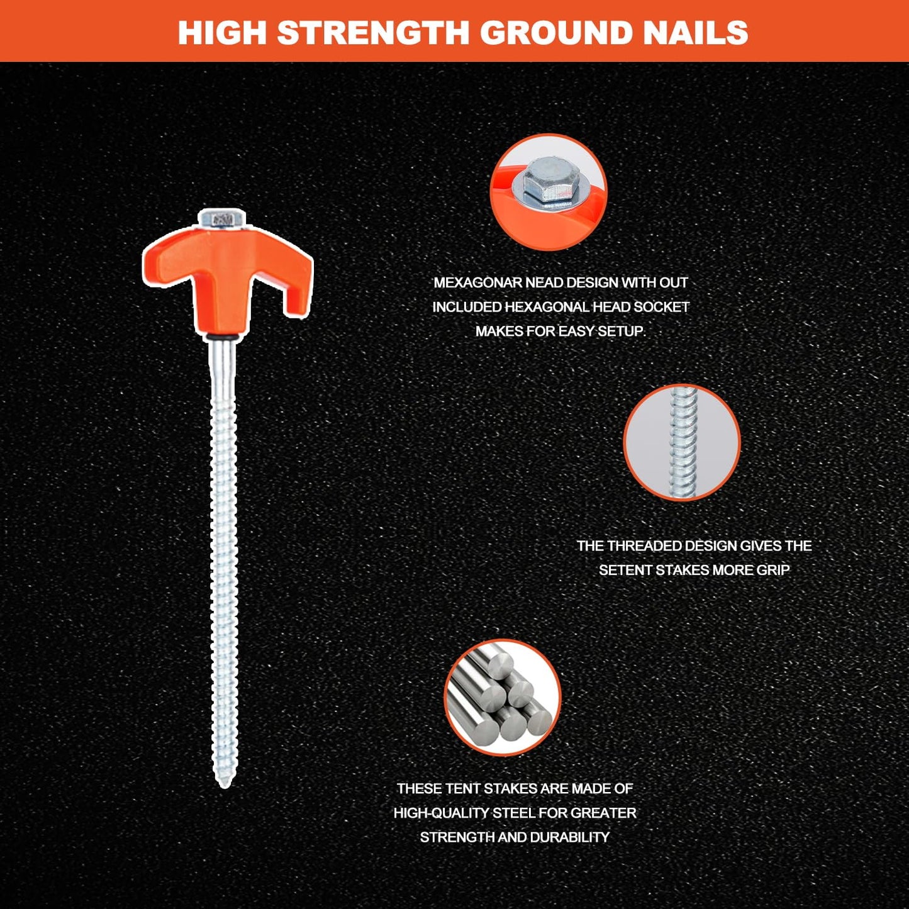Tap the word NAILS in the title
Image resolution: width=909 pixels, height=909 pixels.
click(x=693, y=32)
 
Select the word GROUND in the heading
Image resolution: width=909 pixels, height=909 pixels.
click(x=555, y=32)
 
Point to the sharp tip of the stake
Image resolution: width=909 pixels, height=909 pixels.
click(x=225, y=786)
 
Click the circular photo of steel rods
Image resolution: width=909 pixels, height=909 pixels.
click(x=503, y=698)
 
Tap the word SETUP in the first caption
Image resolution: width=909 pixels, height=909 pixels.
click(x=621, y=331)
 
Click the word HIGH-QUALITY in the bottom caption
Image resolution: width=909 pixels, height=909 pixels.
click(x=441, y=813)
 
